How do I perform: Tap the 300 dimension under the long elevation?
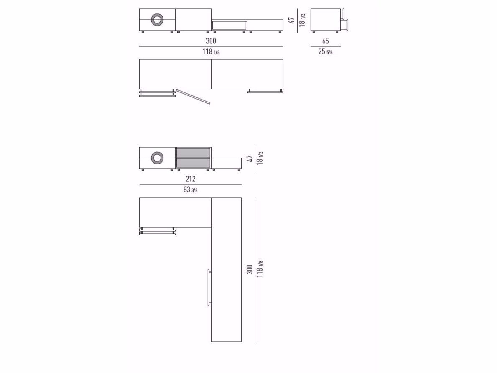[x=211, y=41]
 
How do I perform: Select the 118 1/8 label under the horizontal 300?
[x=211, y=51]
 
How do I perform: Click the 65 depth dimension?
[x=326, y=41]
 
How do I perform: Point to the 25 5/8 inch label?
[x=326, y=51]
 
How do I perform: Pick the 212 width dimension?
[x=191, y=179]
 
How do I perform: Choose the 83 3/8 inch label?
[x=191, y=190]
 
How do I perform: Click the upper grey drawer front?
[x=194, y=153]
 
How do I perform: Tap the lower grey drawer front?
[x=194, y=163]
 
